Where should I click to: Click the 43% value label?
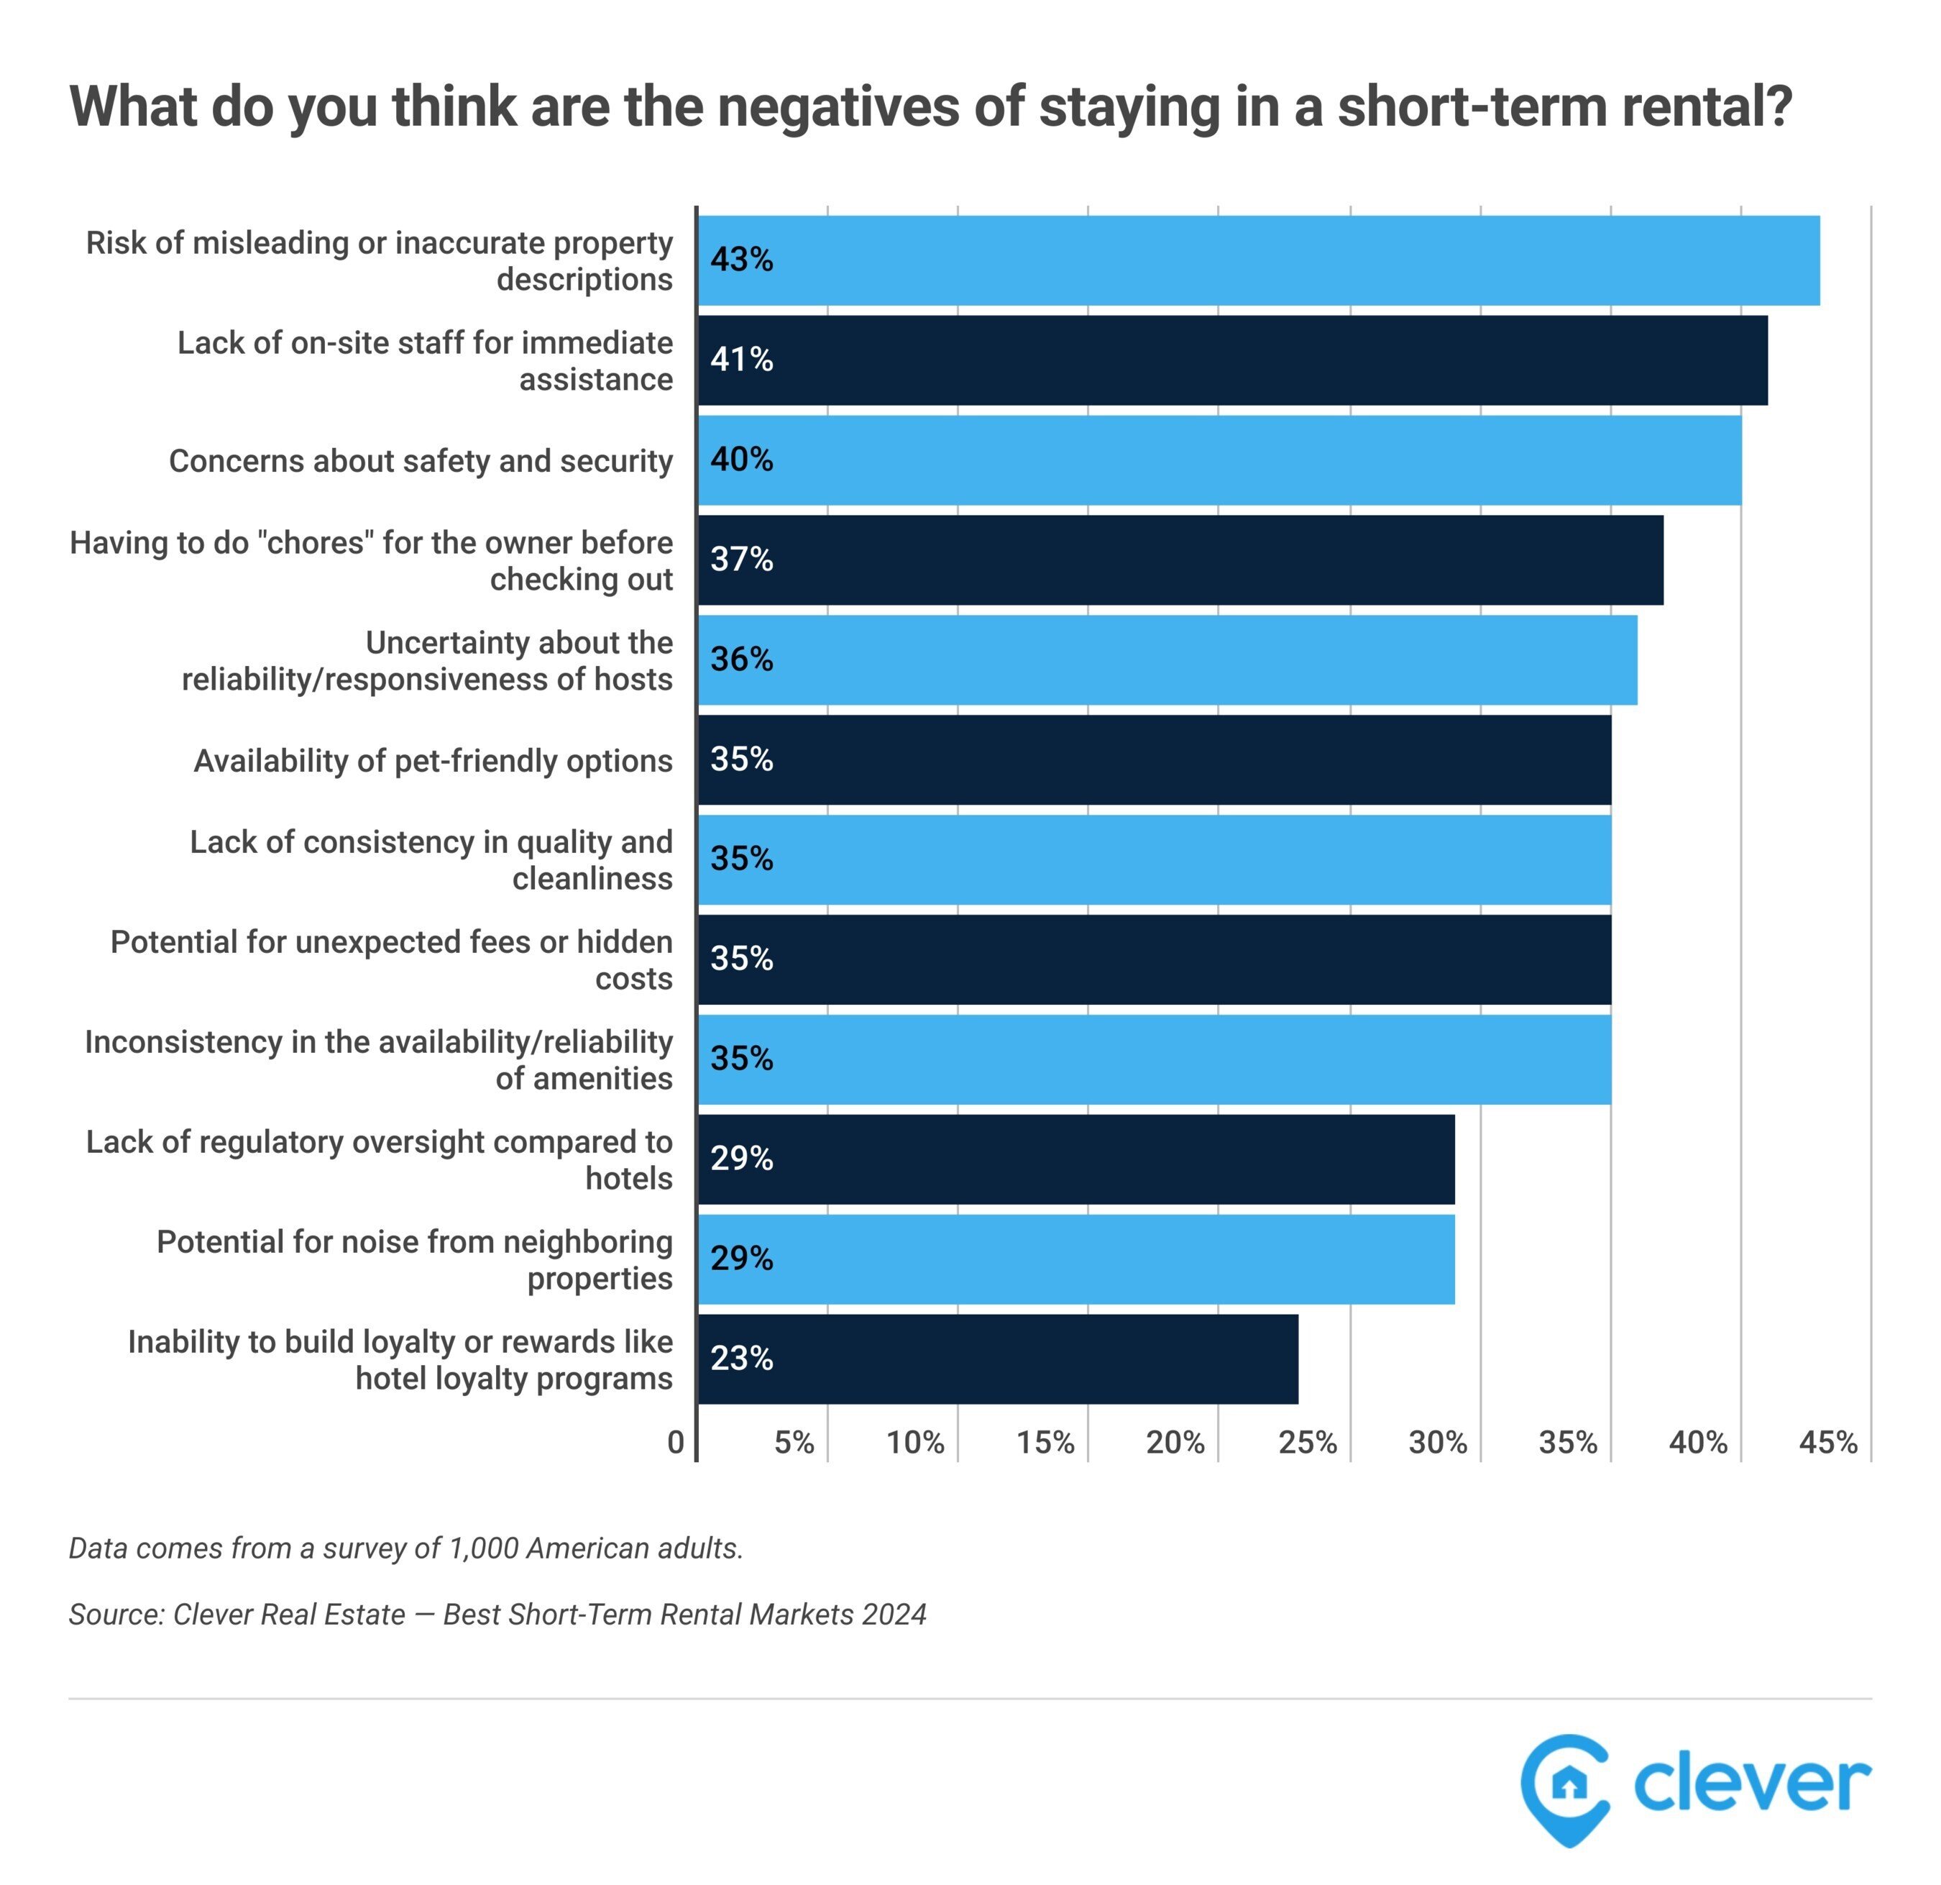740,260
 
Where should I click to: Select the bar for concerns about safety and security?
1218,460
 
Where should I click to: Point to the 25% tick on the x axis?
1307,1442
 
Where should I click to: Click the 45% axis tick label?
1827,1442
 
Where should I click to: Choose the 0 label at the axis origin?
675,1442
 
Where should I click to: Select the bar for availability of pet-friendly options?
1154,759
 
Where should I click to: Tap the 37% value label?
740,560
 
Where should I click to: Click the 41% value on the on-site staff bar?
740,360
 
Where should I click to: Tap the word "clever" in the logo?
1751,1784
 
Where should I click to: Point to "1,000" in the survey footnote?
482,1548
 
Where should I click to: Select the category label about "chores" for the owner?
372,561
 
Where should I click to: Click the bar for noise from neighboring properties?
1075,1259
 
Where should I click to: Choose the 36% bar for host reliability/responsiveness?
1167,659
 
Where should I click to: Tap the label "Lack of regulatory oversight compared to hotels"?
380,1160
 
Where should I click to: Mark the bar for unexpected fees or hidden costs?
1154,959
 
